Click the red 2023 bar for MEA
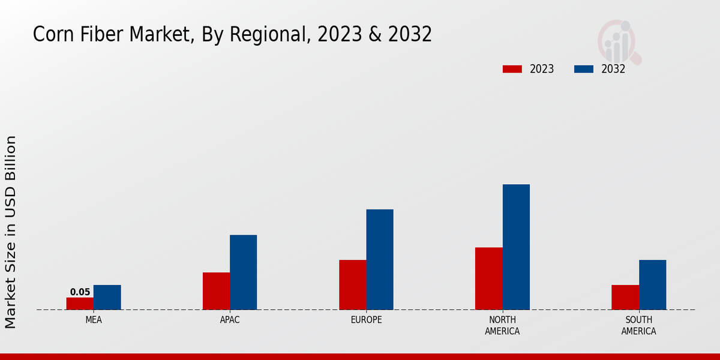click(80, 304)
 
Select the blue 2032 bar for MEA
click(107, 297)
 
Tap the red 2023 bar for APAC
click(216, 291)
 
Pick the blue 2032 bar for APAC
click(243, 272)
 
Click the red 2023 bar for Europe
click(352, 284)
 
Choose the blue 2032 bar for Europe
click(380, 259)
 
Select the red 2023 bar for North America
click(488, 278)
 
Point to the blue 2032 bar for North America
click(516, 247)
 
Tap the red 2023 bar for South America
click(625, 297)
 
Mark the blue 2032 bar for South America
click(652, 284)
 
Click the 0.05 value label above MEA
click(80, 292)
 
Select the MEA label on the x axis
click(94, 320)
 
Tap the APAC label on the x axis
click(230, 320)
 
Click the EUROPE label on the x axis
click(366, 320)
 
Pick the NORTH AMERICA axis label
click(502, 325)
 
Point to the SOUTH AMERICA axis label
click(638, 325)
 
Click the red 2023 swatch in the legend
click(512, 69)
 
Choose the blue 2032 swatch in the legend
click(584, 69)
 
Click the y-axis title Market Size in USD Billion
click(11, 232)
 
